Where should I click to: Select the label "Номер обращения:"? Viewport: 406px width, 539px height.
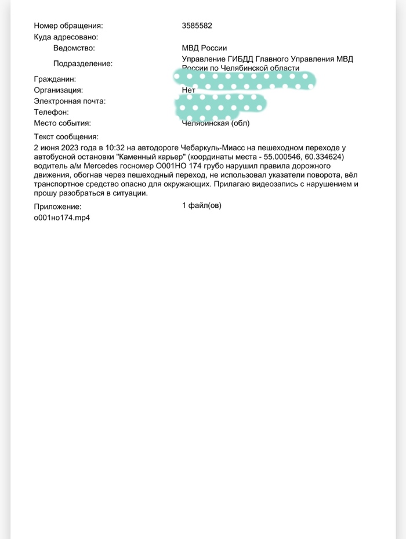click(68, 26)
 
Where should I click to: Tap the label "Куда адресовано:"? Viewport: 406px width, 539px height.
click(66, 37)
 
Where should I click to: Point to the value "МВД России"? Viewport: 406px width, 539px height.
click(204, 48)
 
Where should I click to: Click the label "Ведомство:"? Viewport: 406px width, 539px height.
click(74, 48)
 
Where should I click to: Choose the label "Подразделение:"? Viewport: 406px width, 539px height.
click(82, 64)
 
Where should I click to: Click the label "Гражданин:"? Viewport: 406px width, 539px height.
click(56, 79)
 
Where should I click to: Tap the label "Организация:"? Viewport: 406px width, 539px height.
click(59, 90)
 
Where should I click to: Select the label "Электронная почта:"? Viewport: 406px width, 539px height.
click(70, 101)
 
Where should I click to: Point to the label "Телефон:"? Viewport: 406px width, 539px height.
click(52, 112)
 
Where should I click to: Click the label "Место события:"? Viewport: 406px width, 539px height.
click(63, 123)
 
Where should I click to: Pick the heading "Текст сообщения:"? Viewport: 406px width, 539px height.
click(66, 137)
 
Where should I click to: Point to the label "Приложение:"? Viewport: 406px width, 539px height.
click(57, 206)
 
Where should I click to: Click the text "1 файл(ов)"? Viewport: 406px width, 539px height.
click(201, 205)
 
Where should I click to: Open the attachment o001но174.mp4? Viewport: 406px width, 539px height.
click(63, 218)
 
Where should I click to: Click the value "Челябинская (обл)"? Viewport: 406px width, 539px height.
click(216, 123)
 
